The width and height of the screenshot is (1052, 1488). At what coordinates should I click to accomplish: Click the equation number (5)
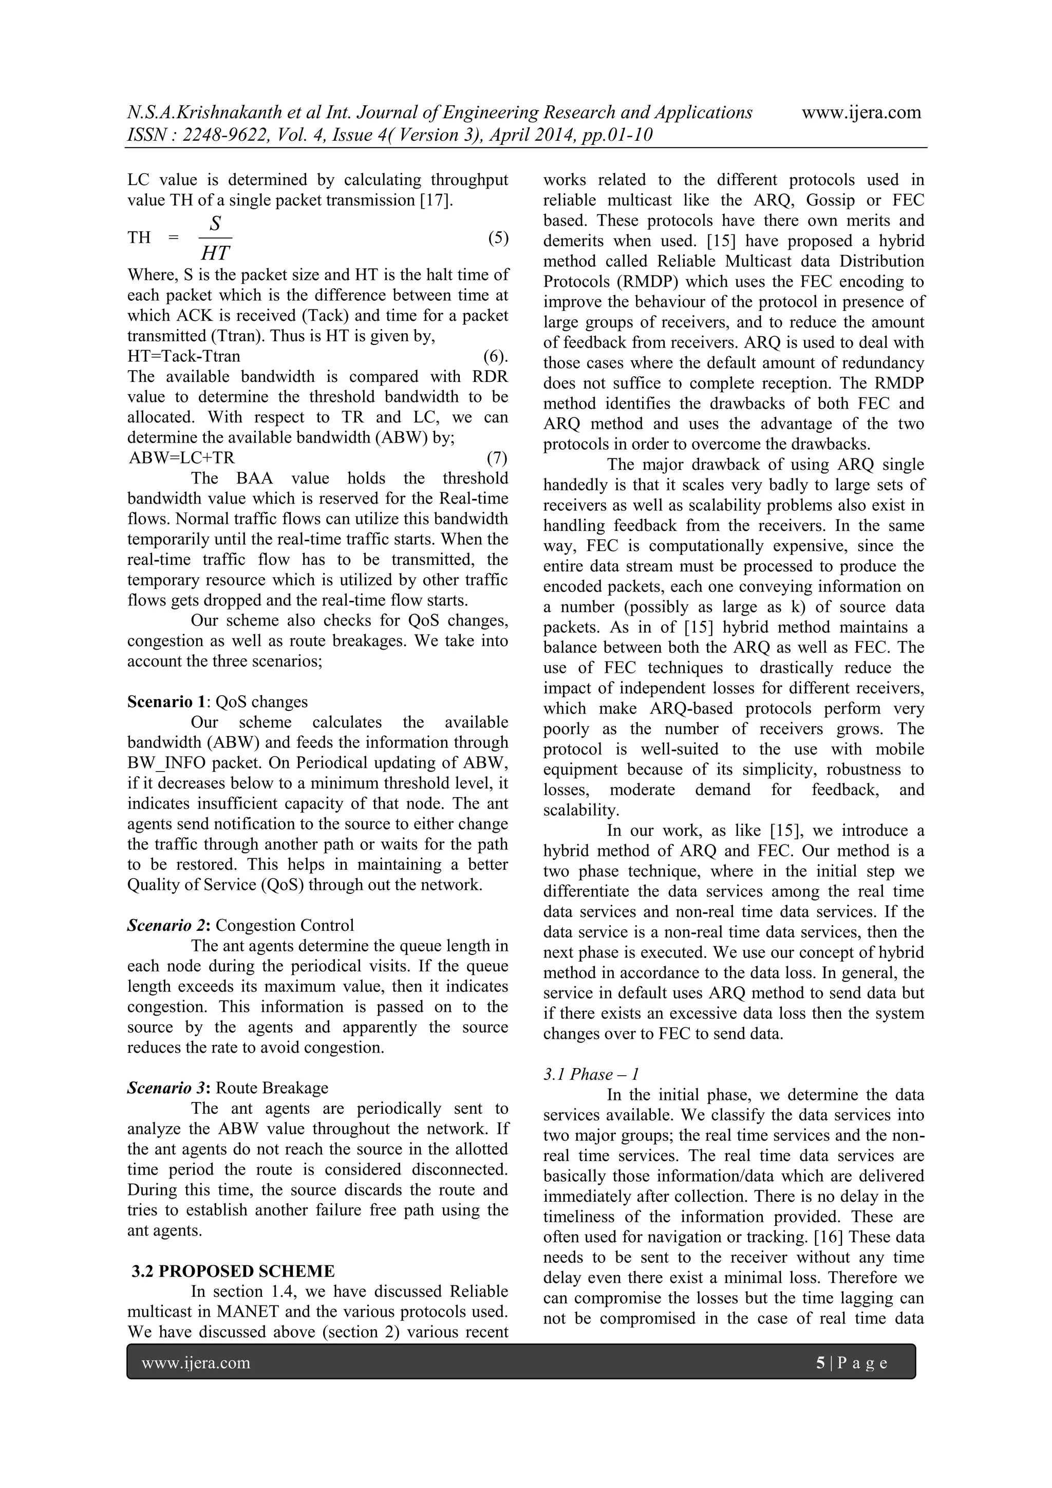click(x=498, y=238)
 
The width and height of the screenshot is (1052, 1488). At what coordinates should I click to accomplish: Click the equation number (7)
click(x=497, y=458)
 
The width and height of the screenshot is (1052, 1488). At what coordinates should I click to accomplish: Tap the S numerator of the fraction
click(x=215, y=224)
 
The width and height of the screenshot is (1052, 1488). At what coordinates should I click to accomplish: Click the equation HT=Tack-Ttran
click(x=184, y=356)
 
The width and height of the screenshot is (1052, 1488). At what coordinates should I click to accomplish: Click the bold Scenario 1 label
click(x=166, y=702)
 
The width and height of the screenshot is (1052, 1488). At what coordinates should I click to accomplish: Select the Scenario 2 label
click(x=169, y=926)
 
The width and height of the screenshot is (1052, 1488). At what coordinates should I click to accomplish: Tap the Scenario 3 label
click(x=169, y=1088)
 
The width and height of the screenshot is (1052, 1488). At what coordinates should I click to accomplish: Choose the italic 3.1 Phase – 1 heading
click(x=591, y=1075)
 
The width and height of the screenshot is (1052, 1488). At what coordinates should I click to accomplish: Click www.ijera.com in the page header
click(x=861, y=113)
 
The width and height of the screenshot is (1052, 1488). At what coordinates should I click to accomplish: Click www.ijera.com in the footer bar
click(x=196, y=1364)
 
